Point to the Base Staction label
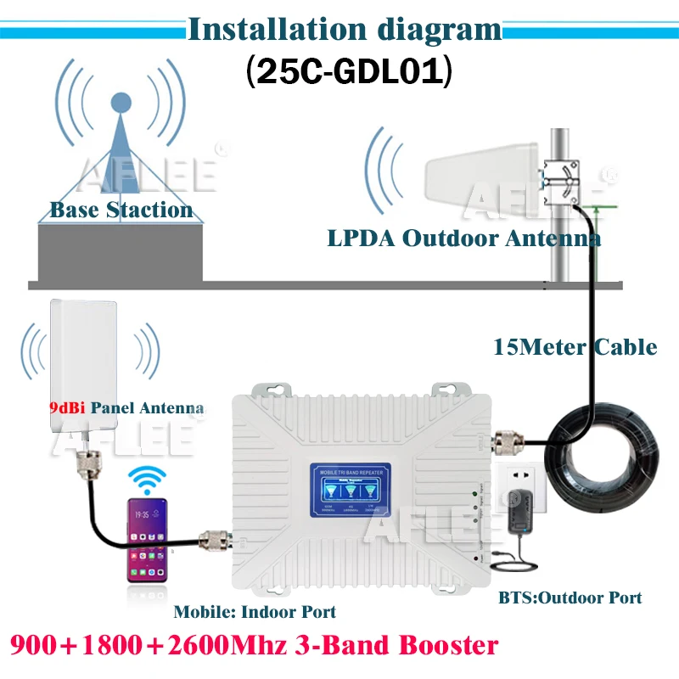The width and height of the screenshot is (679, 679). click(x=121, y=210)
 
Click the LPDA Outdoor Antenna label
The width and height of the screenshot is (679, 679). click(x=463, y=238)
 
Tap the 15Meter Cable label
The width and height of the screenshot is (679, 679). click(x=575, y=346)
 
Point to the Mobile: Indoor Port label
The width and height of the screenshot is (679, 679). click(x=255, y=611)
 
